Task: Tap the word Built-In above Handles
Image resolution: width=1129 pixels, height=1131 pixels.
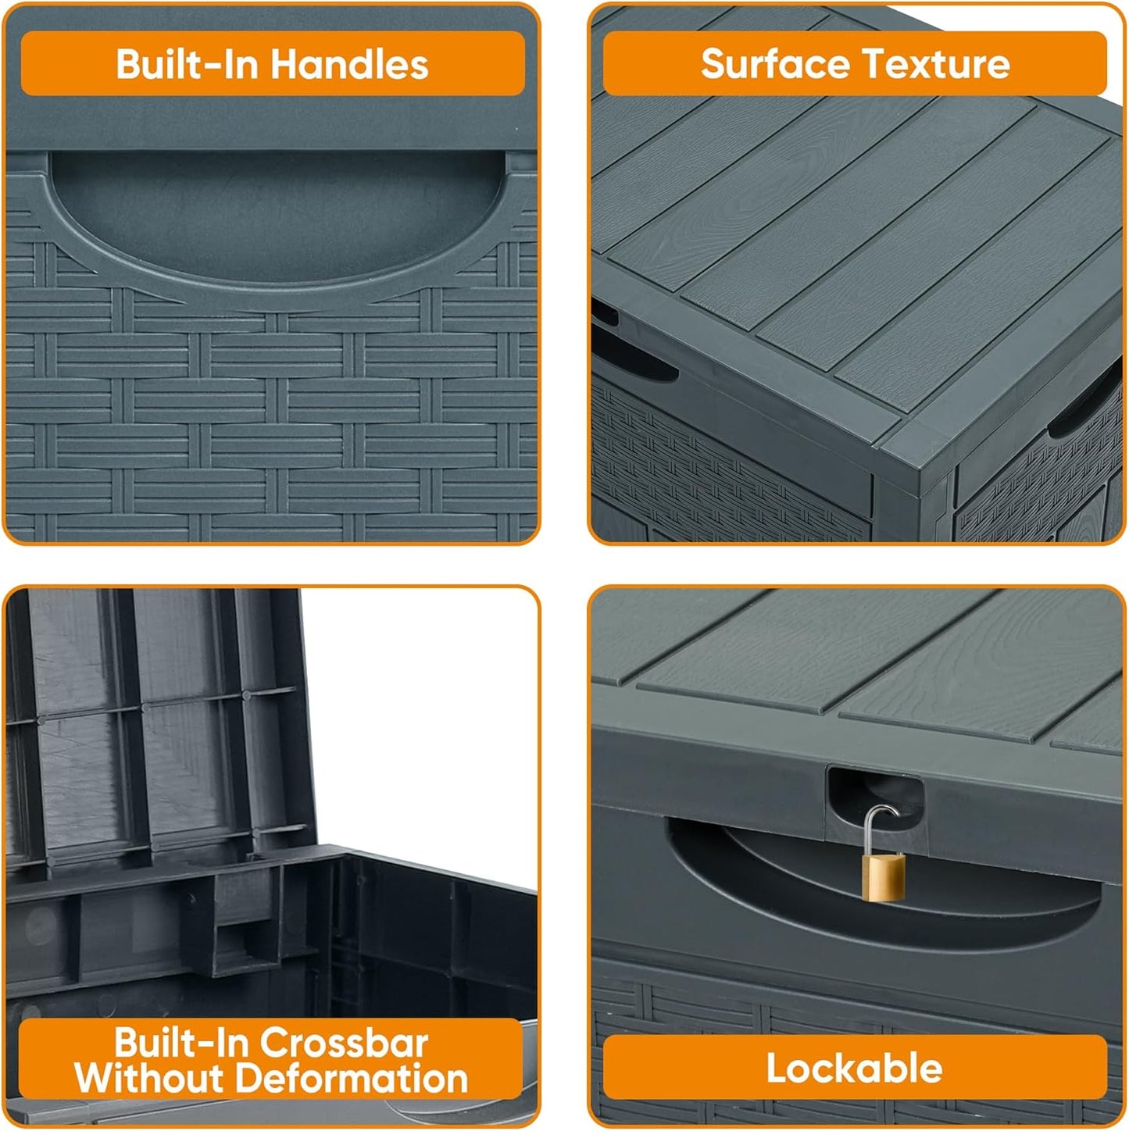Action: pos(186,64)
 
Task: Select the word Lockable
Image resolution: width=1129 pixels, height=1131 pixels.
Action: pos(854,1069)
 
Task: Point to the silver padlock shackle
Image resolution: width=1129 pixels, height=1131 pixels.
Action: pos(881,826)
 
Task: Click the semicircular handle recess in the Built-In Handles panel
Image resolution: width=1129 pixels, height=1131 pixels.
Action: pos(273,219)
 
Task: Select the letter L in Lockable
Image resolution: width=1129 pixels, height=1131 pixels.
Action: pos(775,1069)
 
